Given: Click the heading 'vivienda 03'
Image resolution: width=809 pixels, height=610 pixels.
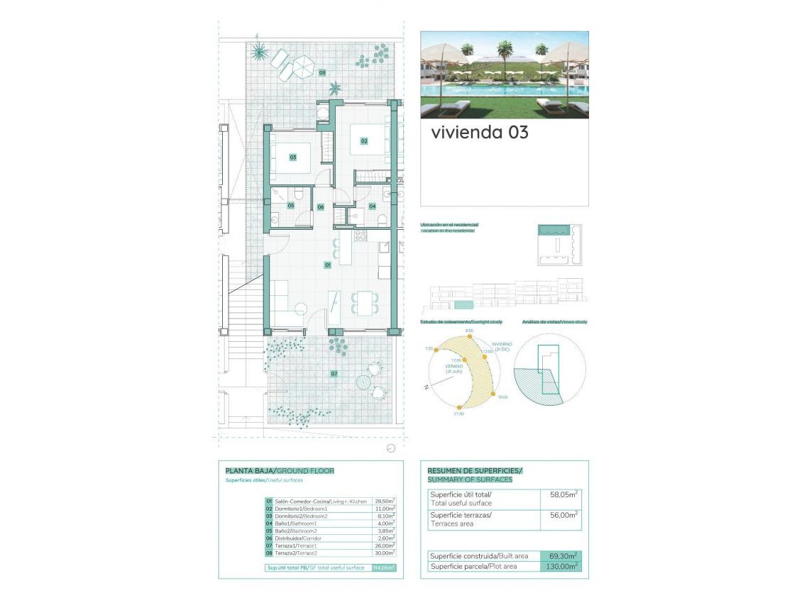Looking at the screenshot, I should (x=480, y=132).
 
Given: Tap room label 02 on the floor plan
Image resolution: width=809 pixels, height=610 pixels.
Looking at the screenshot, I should (x=364, y=141).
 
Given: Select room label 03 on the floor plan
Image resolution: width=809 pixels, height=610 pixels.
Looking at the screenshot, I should (x=292, y=157).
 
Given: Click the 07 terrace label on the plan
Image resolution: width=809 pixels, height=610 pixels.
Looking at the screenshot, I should (x=334, y=373).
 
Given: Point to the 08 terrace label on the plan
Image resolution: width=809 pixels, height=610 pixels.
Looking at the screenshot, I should (x=321, y=73).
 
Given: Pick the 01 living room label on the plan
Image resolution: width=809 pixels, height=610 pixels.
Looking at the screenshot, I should (x=327, y=265).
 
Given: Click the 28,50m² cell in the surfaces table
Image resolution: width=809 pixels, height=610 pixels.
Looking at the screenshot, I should (x=385, y=501).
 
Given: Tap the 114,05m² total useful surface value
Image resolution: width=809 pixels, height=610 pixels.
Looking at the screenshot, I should (x=384, y=567).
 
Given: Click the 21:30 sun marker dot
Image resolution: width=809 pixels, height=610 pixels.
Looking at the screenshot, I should (x=459, y=407).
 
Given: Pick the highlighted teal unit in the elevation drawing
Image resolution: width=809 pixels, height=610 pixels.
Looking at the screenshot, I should (x=463, y=306).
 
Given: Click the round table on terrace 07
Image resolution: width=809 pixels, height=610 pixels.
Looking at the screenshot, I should (x=364, y=382).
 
